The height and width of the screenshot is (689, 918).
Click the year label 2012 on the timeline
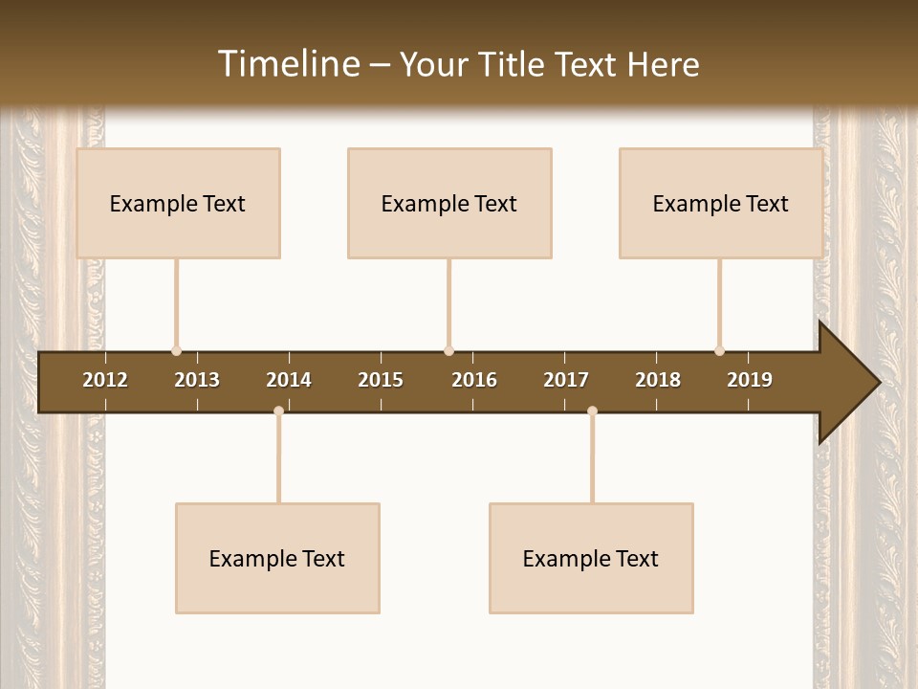point(105,380)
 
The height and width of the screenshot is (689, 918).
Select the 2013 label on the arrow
point(197,380)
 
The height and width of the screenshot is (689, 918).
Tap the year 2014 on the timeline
point(289,380)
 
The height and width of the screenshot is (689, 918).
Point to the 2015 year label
point(381,380)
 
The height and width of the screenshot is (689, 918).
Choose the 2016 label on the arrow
point(474,380)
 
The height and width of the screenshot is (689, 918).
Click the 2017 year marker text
point(566,380)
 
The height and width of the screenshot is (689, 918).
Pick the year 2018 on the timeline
point(658,380)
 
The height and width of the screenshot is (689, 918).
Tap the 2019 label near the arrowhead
point(750,380)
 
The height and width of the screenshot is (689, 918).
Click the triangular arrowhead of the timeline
point(846,382)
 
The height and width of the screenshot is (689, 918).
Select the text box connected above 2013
point(178,203)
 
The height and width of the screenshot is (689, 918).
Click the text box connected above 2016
point(449,203)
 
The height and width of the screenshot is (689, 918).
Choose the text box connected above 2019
point(721,203)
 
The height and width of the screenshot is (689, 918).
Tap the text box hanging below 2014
point(277,558)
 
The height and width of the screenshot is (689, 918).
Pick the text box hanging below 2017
point(591,558)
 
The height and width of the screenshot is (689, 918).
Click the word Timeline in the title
point(288,64)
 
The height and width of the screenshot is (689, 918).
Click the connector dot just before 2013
point(176,351)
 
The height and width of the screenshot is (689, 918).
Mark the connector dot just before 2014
point(278,411)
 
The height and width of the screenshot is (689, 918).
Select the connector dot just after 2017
point(592,411)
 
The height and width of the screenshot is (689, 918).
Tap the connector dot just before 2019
point(719,351)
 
